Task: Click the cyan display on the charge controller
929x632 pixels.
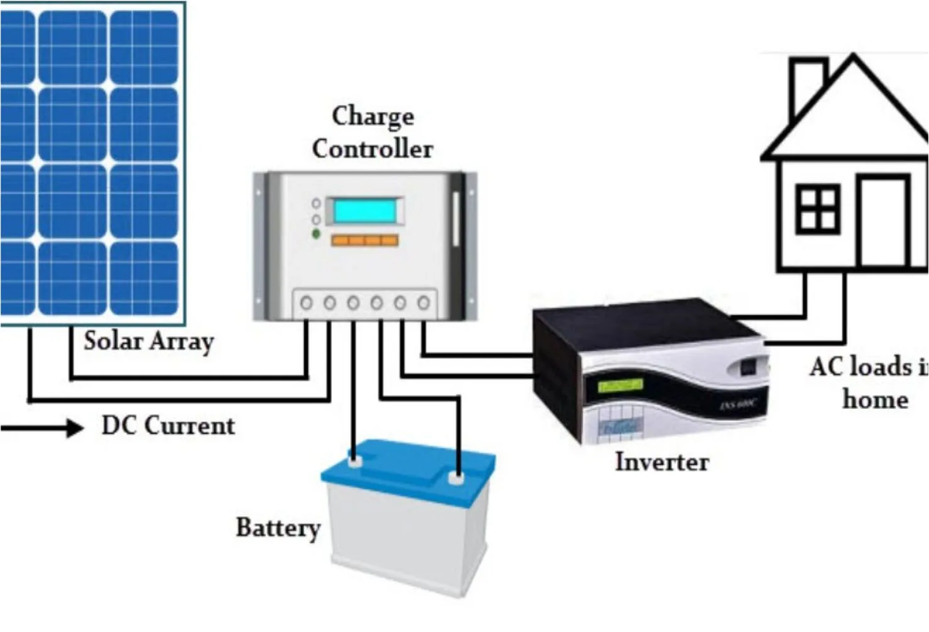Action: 365,211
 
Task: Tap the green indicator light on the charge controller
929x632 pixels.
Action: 316,234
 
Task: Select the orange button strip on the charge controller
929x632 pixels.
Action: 365,240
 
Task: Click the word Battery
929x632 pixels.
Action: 278,528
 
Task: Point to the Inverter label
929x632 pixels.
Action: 662,462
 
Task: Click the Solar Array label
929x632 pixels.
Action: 149,342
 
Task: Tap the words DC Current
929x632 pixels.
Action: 168,426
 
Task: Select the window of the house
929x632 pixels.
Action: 818,209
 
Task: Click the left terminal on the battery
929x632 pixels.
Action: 354,462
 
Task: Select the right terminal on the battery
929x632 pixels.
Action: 456,478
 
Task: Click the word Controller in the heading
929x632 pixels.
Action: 373,149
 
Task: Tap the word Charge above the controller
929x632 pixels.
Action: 373,116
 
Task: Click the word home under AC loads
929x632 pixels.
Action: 875,400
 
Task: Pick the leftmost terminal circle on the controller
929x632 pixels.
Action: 306,303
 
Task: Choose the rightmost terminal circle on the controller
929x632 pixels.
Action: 424,303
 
